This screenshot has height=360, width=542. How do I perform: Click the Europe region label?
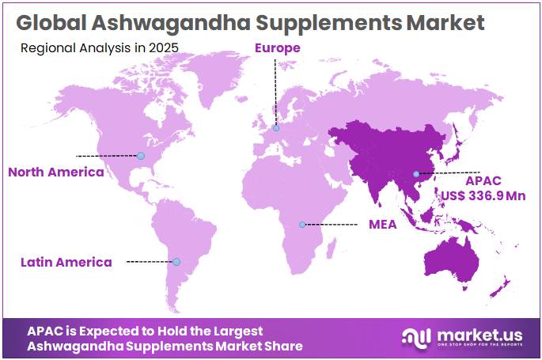coord(277,48)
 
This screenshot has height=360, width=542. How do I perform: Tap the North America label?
coord(55,172)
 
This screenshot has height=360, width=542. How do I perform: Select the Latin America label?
coord(66,262)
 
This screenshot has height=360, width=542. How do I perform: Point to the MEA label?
coord(382,225)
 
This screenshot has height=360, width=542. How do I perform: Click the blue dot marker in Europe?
coord(276,128)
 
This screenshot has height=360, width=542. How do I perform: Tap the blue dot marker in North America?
coord(140,156)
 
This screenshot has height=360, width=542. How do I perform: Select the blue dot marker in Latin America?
coord(176,262)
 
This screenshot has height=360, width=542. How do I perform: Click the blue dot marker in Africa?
coord(302,225)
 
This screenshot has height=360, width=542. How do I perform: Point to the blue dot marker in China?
coord(415,174)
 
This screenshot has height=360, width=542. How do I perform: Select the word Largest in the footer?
coord(237,331)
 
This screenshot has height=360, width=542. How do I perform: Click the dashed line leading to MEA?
coord(332,225)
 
